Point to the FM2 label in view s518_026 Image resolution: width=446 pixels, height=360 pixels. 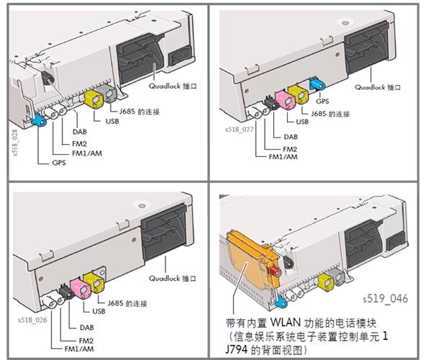[x=86, y=338]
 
